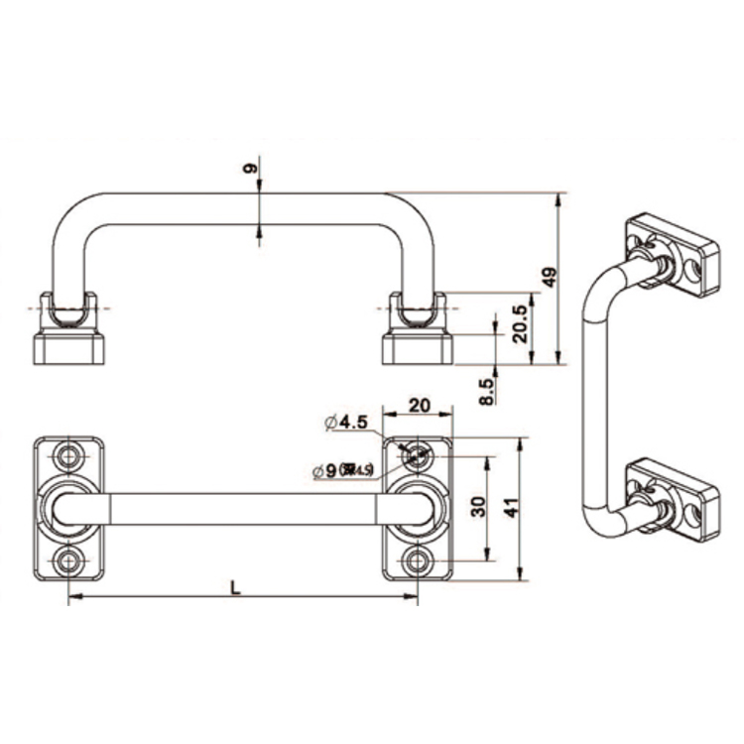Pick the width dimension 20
click(418, 405)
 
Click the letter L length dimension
click(235, 586)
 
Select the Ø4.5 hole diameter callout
click(346, 423)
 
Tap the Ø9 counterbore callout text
click(342, 470)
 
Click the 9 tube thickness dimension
click(251, 169)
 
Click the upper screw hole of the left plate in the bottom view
click(68, 456)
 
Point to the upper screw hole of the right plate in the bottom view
click(418, 456)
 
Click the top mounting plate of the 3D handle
click(672, 255)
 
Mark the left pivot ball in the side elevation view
click(68, 315)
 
